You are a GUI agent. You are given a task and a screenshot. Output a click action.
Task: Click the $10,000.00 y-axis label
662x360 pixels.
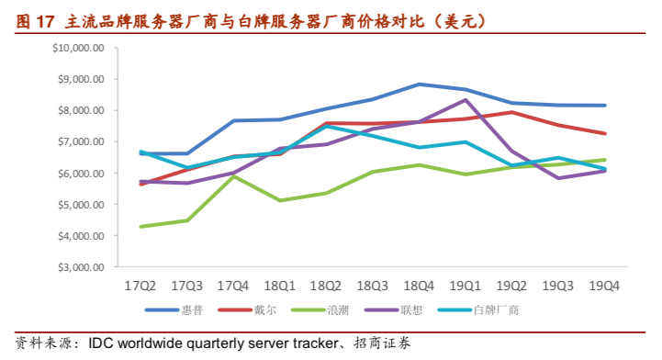click(x=78, y=48)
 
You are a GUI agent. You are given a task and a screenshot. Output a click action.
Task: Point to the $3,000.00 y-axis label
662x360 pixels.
click(x=81, y=267)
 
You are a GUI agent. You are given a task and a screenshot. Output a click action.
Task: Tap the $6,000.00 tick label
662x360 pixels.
click(x=81, y=174)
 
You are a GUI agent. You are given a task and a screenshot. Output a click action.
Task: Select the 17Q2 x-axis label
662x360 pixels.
click(x=141, y=286)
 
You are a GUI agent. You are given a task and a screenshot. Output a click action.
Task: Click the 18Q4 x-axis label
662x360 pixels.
click(x=419, y=286)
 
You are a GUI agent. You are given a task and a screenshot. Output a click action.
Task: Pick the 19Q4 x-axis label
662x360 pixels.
click(x=604, y=286)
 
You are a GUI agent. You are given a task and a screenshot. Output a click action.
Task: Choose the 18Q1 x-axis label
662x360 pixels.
click(x=280, y=286)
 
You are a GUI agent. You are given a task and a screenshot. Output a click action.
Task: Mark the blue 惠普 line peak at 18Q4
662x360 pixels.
click(x=419, y=84)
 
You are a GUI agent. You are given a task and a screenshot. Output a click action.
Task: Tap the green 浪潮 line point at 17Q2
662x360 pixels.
click(x=141, y=227)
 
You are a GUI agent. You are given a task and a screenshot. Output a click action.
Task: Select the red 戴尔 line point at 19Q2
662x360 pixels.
click(x=511, y=112)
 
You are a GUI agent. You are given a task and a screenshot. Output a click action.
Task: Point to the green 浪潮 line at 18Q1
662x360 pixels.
click(x=280, y=200)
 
